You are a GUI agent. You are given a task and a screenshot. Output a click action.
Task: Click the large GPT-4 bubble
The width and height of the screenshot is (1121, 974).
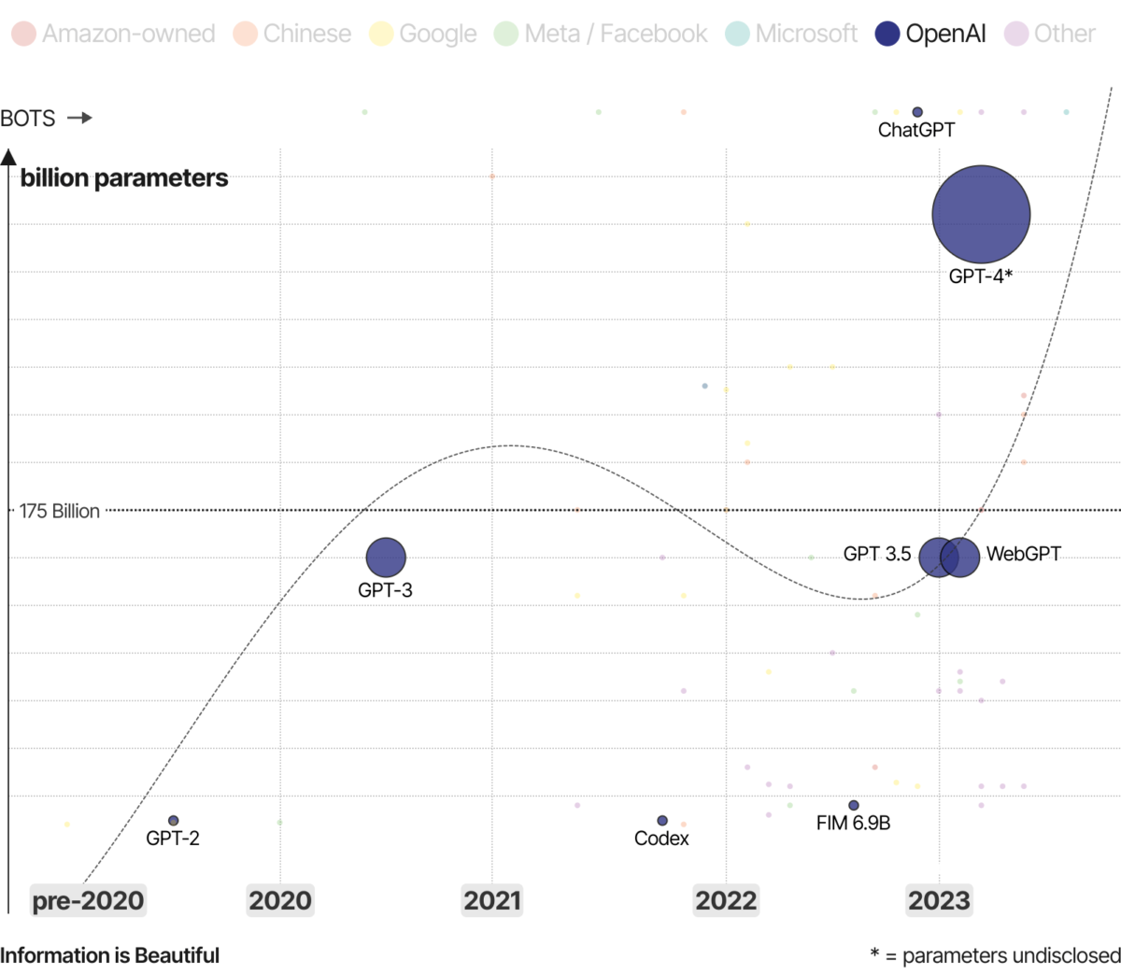pyautogui.click(x=981, y=214)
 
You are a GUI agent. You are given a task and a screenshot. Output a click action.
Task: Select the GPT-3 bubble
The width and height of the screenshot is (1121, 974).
pyautogui.click(x=385, y=558)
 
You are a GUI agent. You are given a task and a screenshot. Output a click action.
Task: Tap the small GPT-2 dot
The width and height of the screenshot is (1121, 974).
pyautogui.click(x=173, y=821)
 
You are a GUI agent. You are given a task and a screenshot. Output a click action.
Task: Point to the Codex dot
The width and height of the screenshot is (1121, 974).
pyautogui.click(x=662, y=821)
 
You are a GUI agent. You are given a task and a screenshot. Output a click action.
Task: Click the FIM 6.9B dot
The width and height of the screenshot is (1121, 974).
pyautogui.click(x=853, y=805)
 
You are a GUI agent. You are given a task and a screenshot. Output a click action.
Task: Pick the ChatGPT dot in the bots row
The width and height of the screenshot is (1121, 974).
pyautogui.click(x=917, y=112)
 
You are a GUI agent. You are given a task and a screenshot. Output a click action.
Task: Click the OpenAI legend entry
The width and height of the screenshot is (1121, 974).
pyautogui.click(x=930, y=35)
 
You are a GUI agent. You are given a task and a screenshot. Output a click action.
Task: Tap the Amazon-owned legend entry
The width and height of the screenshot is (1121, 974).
pyautogui.click(x=113, y=35)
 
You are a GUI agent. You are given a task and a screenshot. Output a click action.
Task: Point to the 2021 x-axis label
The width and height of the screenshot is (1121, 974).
pyautogui.click(x=492, y=900)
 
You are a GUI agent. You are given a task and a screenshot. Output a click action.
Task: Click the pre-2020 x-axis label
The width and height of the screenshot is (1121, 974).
pyautogui.click(x=88, y=900)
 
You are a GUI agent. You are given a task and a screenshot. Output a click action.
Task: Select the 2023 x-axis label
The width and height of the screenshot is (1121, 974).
pyautogui.click(x=939, y=900)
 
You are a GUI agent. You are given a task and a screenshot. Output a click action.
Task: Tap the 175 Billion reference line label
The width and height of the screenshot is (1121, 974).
pyautogui.click(x=60, y=511)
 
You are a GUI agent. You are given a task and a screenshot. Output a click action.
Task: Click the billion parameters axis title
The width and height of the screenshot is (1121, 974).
pyautogui.click(x=124, y=178)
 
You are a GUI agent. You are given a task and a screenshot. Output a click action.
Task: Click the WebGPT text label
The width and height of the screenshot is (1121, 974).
pyautogui.click(x=1023, y=554)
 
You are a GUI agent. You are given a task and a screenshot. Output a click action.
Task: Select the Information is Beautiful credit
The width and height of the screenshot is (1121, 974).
pyautogui.click(x=110, y=955)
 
